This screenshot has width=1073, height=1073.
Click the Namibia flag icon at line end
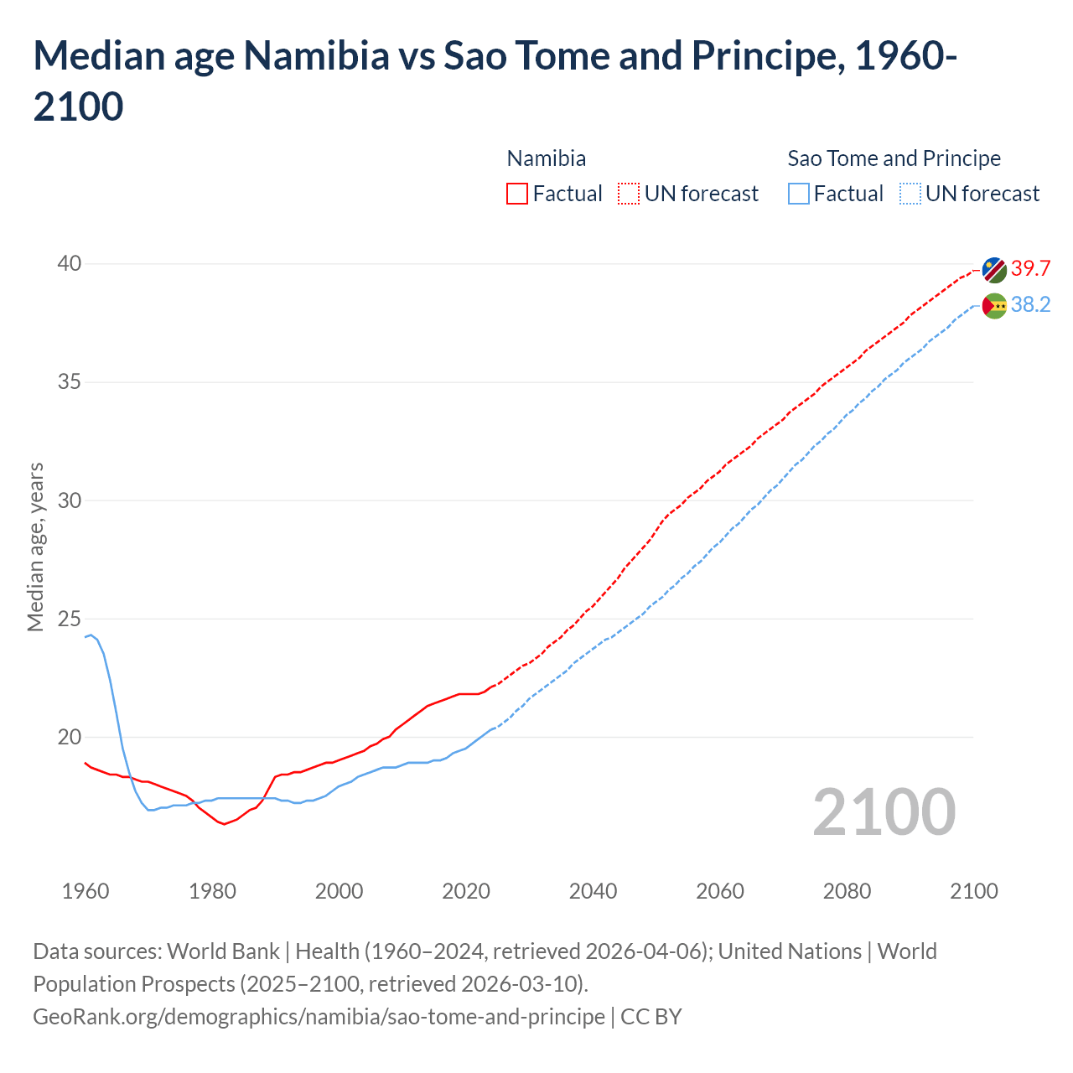(x=994, y=270)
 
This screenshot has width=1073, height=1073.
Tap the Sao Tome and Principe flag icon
(x=994, y=306)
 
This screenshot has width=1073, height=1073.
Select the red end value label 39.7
(x=1030, y=268)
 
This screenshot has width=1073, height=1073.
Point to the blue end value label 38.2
(x=1030, y=304)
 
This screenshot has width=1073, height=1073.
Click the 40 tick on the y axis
(x=69, y=263)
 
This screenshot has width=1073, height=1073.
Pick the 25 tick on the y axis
(x=69, y=619)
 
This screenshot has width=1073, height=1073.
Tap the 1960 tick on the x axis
(x=86, y=891)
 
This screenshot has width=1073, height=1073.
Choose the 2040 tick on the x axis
(x=593, y=891)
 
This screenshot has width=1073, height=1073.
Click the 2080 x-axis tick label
(x=847, y=891)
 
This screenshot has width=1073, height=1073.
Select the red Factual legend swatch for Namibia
(x=517, y=194)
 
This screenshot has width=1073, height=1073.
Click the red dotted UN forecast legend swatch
(x=629, y=194)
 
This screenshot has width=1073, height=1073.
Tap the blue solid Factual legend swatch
(x=799, y=194)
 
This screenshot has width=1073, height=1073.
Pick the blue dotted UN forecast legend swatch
(x=910, y=194)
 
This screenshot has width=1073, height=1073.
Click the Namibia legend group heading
(x=547, y=158)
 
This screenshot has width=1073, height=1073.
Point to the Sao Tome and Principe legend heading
(x=894, y=158)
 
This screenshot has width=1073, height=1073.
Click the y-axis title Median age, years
(x=35, y=547)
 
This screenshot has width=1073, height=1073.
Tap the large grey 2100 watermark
(x=884, y=812)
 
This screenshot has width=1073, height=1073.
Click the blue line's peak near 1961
(x=91, y=635)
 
